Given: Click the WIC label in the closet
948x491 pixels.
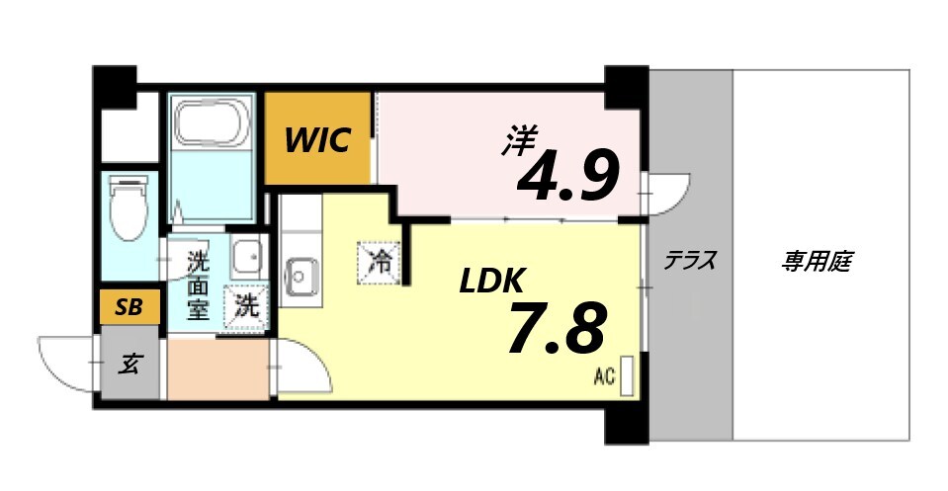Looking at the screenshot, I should pos(317,141).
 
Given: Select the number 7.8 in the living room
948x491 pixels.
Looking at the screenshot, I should pos(556,330).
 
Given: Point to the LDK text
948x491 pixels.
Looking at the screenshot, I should pos(490,282).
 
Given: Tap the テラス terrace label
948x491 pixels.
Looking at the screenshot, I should pos(689,262).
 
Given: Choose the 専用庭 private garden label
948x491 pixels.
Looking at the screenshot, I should pos(818,262).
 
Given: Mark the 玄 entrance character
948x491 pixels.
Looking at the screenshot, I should pos(129,364).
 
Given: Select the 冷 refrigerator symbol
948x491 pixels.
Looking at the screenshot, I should pos(380,263).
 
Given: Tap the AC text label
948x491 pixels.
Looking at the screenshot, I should pos(604,376).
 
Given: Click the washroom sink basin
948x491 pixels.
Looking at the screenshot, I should pos(245,258).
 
